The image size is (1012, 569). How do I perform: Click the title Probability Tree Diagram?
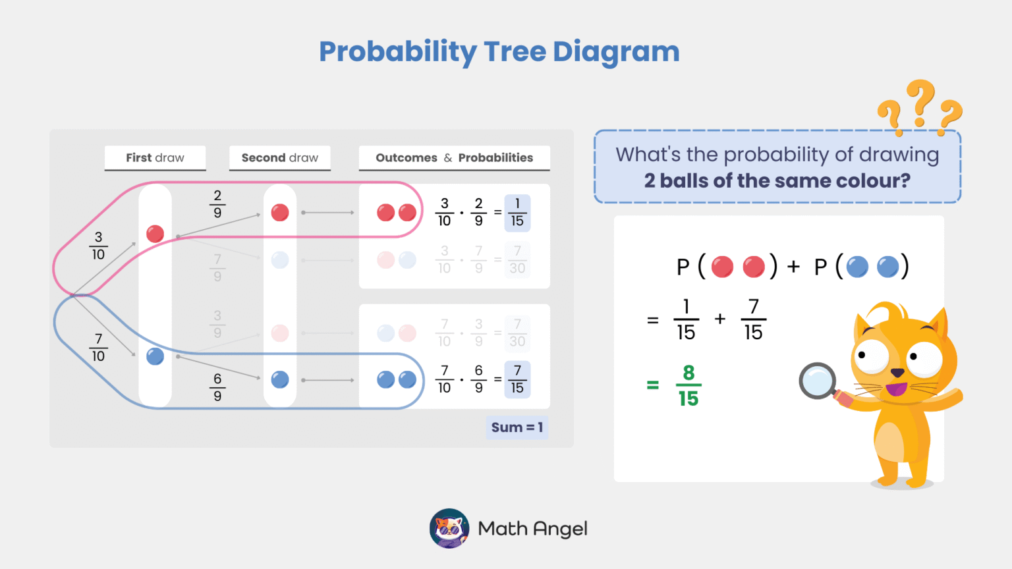pos(499,52)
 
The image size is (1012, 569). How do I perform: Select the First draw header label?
pos(155,158)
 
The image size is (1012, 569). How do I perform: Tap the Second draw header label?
pos(279,158)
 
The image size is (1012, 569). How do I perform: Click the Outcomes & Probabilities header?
pos(454,158)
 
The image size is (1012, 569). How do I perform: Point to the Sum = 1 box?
pos(517,427)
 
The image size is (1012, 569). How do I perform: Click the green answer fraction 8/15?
pos(689,385)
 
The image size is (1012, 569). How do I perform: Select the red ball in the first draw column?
pos(155,234)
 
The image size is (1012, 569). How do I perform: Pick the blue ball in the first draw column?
pos(155,356)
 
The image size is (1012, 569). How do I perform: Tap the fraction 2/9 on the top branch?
pos(217,204)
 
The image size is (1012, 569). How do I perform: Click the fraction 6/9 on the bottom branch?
pos(217,387)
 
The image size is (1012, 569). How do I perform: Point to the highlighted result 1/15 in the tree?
pos(517,213)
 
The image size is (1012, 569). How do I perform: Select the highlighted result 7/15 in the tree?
pos(517,380)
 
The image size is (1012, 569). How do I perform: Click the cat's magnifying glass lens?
pos(817,381)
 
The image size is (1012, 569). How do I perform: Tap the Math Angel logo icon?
pos(449,528)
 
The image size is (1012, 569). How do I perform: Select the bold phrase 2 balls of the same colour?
pos(777,180)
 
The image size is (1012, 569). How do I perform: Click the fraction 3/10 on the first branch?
pos(98,246)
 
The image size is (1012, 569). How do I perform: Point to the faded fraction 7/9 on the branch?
pos(217,268)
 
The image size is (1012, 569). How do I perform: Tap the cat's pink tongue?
pos(895,389)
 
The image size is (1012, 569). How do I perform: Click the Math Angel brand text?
pos(532,529)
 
